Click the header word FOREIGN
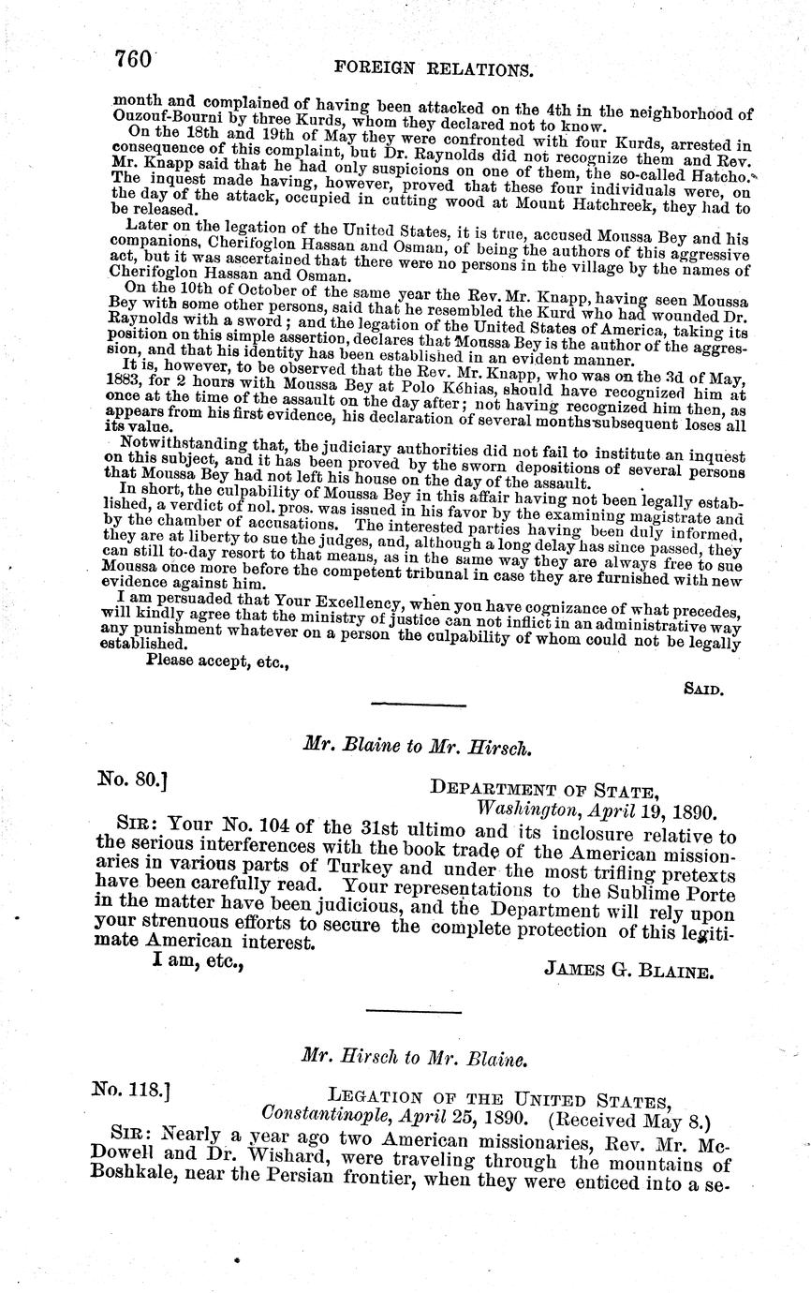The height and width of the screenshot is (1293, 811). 380,68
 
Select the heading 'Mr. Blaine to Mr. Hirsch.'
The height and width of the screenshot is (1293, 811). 418,748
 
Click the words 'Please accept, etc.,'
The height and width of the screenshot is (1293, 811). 217,661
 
